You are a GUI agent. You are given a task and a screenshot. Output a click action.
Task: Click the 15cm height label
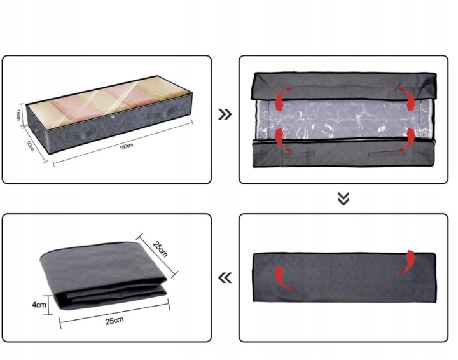pyautogui.click(x=18, y=114)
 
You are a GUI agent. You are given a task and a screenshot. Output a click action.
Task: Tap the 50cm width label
pyautogui.click(x=31, y=146)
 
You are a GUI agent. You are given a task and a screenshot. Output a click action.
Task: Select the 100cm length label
pyautogui.click(x=126, y=146)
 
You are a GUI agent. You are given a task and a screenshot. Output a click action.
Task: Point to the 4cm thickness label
pyautogui.click(x=39, y=305)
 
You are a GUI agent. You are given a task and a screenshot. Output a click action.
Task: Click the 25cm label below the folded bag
pyautogui.click(x=114, y=321)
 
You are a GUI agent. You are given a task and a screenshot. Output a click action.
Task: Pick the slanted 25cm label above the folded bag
pyautogui.click(x=160, y=249)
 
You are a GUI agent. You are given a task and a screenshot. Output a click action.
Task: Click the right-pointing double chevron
pyautogui.click(x=225, y=114)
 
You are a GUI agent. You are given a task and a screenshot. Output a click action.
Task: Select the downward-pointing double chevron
pyautogui.click(x=343, y=199)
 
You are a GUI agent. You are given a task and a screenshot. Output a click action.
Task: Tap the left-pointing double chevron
pyautogui.click(x=225, y=277)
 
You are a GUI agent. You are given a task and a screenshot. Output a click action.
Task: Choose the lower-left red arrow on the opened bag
pyautogui.click(x=282, y=139)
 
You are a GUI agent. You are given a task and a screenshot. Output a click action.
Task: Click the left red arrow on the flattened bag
pyautogui.click(x=281, y=277)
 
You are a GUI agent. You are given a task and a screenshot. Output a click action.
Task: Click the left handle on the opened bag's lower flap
pyautogui.click(x=297, y=154)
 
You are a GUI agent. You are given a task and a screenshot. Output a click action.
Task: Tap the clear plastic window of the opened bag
pyautogui.click(x=344, y=120)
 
